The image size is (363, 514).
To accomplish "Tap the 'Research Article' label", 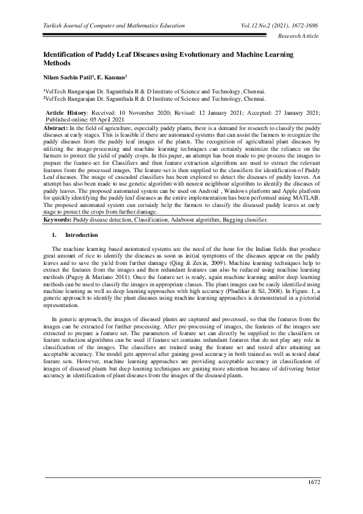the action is tap(298, 37).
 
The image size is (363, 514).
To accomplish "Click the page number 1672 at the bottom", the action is tap(312, 483).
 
